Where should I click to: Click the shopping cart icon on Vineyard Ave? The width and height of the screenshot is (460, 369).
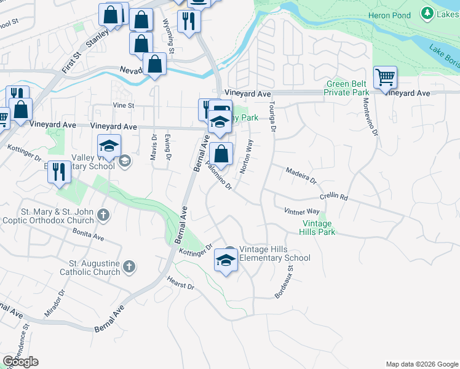(385, 78)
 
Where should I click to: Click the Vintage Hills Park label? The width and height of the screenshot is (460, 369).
(317, 228)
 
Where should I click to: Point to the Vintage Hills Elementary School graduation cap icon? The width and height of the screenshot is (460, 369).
(226, 262)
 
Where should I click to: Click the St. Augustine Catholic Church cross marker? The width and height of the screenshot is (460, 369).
(129, 266)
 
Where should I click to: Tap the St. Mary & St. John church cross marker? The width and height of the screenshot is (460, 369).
(103, 216)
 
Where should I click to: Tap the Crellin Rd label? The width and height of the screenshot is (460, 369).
(334, 197)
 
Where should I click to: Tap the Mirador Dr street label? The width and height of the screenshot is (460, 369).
(54, 304)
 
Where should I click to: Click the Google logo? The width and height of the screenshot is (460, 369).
(20, 362)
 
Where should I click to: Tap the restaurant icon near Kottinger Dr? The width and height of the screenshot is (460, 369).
(59, 172)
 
